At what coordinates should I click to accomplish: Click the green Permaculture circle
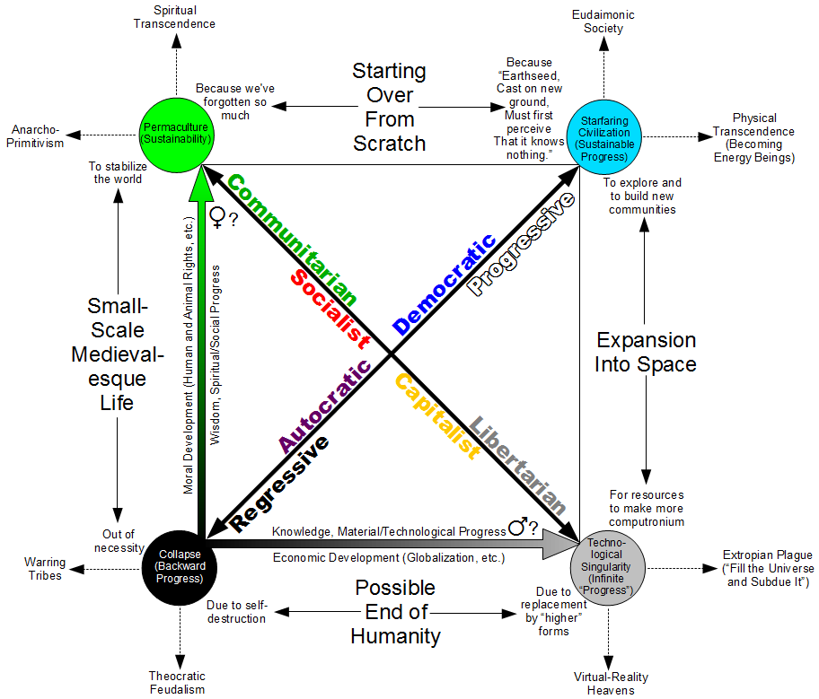177,135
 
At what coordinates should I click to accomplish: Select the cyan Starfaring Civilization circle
604,137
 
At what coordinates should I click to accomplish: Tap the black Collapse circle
180,568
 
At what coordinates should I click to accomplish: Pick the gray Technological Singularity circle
607,568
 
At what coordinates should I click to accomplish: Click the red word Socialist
330,309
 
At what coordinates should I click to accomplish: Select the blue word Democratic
445,284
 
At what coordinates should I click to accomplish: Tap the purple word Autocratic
325,406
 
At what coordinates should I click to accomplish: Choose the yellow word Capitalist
437,416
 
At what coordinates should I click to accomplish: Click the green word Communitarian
293,240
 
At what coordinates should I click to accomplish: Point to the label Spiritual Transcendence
174,17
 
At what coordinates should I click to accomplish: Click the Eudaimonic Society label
603,22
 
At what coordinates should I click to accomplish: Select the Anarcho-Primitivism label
35,136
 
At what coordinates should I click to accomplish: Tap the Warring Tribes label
45,569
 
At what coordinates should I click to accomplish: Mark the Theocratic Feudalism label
177,683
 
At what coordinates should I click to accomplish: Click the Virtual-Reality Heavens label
611,684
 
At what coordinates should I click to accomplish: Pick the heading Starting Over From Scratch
389,107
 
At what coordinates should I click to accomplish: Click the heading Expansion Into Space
646,352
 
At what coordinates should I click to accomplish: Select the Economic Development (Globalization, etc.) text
389,557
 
